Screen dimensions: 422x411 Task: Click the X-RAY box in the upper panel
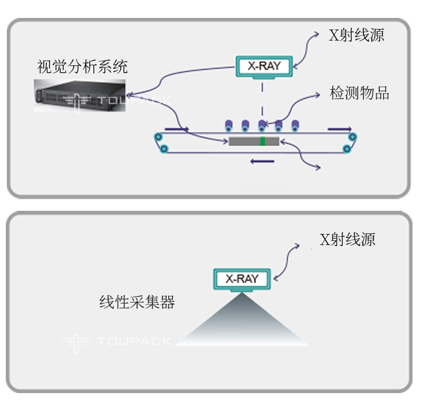pyautogui.click(x=264, y=66)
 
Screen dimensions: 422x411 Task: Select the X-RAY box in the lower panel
pyautogui.click(x=242, y=279)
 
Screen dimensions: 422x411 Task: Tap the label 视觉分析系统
pyautogui.click(x=82, y=67)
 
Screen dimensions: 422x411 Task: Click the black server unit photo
pyautogui.click(x=80, y=95)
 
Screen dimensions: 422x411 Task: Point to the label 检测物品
pyautogui.click(x=359, y=93)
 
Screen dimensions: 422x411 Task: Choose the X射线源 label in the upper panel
pyautogui.click(x=357, y=35)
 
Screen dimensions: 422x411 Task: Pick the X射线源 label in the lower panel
pyautogui.click(x=347, y=239)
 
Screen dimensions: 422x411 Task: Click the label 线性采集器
pyautogui.click(x=137, y=302)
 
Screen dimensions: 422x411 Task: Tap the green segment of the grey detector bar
pyautogui.click(x=263, y=141)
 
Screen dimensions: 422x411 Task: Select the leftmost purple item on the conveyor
pyautogui.click(x=229, y=125)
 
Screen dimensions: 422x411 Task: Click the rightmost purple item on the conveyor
pyautogui.click(x=295, y=125)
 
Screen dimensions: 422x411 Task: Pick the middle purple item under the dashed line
pyautogui.click(x=262, y=125)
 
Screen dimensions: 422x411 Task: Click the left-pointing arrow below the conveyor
pyautogui.click(x=262, y=161)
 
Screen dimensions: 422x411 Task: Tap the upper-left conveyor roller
pyautogui.click(x=158, y=137)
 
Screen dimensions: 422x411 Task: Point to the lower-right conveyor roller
pyautogui.click(x=347, y=149)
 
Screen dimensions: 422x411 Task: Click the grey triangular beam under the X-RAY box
pyautogui.click(x=242, y=322)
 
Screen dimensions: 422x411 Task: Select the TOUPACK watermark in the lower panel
pyautogui.click(x=117, y=342)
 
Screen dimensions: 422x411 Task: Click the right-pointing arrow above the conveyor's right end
pyautogui.click(x=340, y=129)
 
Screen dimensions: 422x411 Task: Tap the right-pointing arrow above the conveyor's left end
pyautogui.click(x=177, y=129)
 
